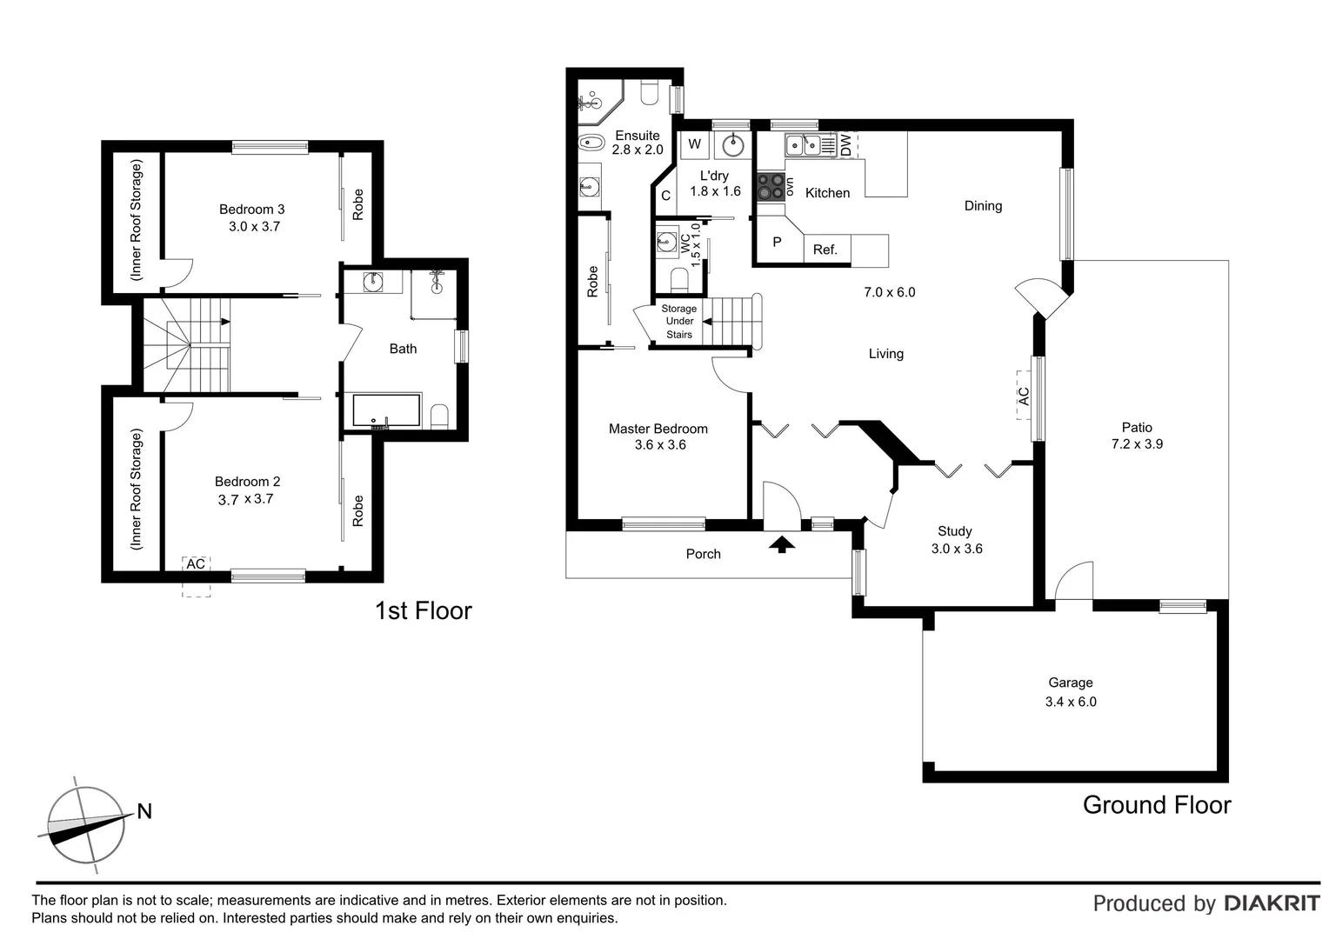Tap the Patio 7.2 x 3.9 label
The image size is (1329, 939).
pos(1137,436)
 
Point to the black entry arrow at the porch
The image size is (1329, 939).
pos(783,544)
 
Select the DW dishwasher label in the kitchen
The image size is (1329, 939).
pos(845,145)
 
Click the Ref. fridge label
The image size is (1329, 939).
pos(825,250)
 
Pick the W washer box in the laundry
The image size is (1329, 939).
pos(694,145)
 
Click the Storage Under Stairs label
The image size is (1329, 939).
pos(678,322)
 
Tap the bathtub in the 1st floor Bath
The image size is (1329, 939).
pos(386,411)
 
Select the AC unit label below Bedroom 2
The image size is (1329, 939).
pos(196,564)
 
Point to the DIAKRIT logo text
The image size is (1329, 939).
pos(1272,903)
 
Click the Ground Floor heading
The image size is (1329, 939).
pos(1156,805)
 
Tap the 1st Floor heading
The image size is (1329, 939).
pos(423,610)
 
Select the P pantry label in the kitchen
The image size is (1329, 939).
pos(777,243)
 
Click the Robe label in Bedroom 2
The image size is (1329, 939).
pos(357,511)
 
